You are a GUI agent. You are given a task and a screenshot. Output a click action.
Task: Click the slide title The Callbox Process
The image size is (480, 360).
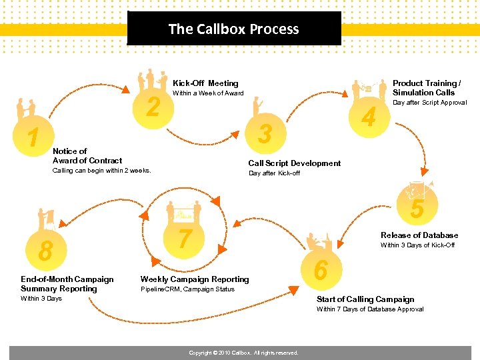pos(233,29)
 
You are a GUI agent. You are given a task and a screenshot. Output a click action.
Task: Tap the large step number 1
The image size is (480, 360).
pos(32,139)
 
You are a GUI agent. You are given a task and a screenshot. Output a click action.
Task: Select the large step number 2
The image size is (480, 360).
pos(153,107)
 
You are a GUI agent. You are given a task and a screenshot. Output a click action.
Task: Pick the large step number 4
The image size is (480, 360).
pos(368,117)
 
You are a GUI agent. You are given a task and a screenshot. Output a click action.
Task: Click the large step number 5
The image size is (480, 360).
pos(417,209)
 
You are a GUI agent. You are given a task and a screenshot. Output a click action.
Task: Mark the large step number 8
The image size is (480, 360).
pos(45,251)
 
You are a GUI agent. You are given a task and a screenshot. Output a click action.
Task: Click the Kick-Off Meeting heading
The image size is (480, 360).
pos(205,83)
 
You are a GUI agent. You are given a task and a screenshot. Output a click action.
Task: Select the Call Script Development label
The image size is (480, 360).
pos(294,163)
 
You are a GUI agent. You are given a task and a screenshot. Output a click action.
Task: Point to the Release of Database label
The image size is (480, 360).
pos(419,235)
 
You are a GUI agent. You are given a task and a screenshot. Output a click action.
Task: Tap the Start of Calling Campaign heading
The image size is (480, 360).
pos(365,299)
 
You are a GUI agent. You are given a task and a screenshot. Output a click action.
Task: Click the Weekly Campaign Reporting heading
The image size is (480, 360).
pos(194,279)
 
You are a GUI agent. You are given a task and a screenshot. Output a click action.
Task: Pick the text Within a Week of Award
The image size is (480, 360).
pos(208,93)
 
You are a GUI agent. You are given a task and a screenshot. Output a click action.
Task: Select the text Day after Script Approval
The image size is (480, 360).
pos(429,103)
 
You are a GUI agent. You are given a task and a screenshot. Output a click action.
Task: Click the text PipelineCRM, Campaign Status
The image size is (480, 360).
pos(187,289)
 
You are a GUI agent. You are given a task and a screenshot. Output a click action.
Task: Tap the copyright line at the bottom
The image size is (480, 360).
pos(243,353)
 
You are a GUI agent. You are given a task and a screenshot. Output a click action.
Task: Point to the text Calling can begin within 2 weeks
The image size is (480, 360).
pos(101,171)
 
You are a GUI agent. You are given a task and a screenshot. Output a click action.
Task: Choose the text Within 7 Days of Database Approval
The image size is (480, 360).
pos(370,309)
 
